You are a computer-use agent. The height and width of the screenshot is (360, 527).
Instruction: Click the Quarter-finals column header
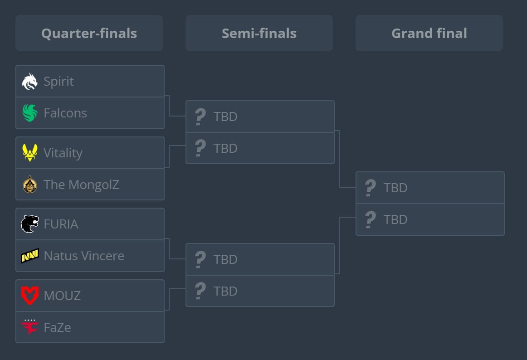click(x=89, y=33)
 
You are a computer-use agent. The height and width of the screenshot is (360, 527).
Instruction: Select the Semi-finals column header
click(x=259, y=33)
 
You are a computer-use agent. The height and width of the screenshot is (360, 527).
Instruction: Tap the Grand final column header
click(x=429, y=33)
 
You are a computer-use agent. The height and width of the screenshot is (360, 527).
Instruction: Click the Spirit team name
click(x=59, y=82)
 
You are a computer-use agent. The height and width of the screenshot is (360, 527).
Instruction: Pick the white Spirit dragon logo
click(x=30, y=82)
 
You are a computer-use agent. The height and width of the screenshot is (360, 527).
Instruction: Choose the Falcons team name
click(x=65, y=113)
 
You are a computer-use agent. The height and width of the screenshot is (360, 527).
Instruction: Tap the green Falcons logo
click(x=30, y=113)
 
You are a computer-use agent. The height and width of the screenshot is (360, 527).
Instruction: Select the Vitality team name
click(x=63, y=153)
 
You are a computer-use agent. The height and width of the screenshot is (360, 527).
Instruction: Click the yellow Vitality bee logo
click(x=30, y=153)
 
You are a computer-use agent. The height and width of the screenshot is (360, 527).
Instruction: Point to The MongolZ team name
click(x=81, y=185)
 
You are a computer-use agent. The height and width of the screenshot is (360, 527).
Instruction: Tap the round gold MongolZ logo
click(x=30, y=185)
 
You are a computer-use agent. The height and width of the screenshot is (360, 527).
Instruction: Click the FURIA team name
click(x=61, y=224)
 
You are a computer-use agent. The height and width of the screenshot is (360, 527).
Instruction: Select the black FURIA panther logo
click(x=30, y=224)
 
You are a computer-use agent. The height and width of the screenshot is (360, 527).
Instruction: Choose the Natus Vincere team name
click(x=84, y=256)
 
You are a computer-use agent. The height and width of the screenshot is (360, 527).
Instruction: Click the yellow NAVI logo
click(x=30, y=256)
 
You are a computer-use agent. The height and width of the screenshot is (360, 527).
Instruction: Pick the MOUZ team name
click(x=62, y=296)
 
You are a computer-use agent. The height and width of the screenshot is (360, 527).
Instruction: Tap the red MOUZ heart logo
click(x=30, y=296)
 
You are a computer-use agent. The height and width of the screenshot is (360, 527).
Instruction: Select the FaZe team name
click(x=57, y=327)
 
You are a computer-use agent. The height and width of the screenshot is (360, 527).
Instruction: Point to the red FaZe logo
click(x=30, y=326)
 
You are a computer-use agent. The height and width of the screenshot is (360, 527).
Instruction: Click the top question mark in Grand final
click(x=370, y=188)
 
